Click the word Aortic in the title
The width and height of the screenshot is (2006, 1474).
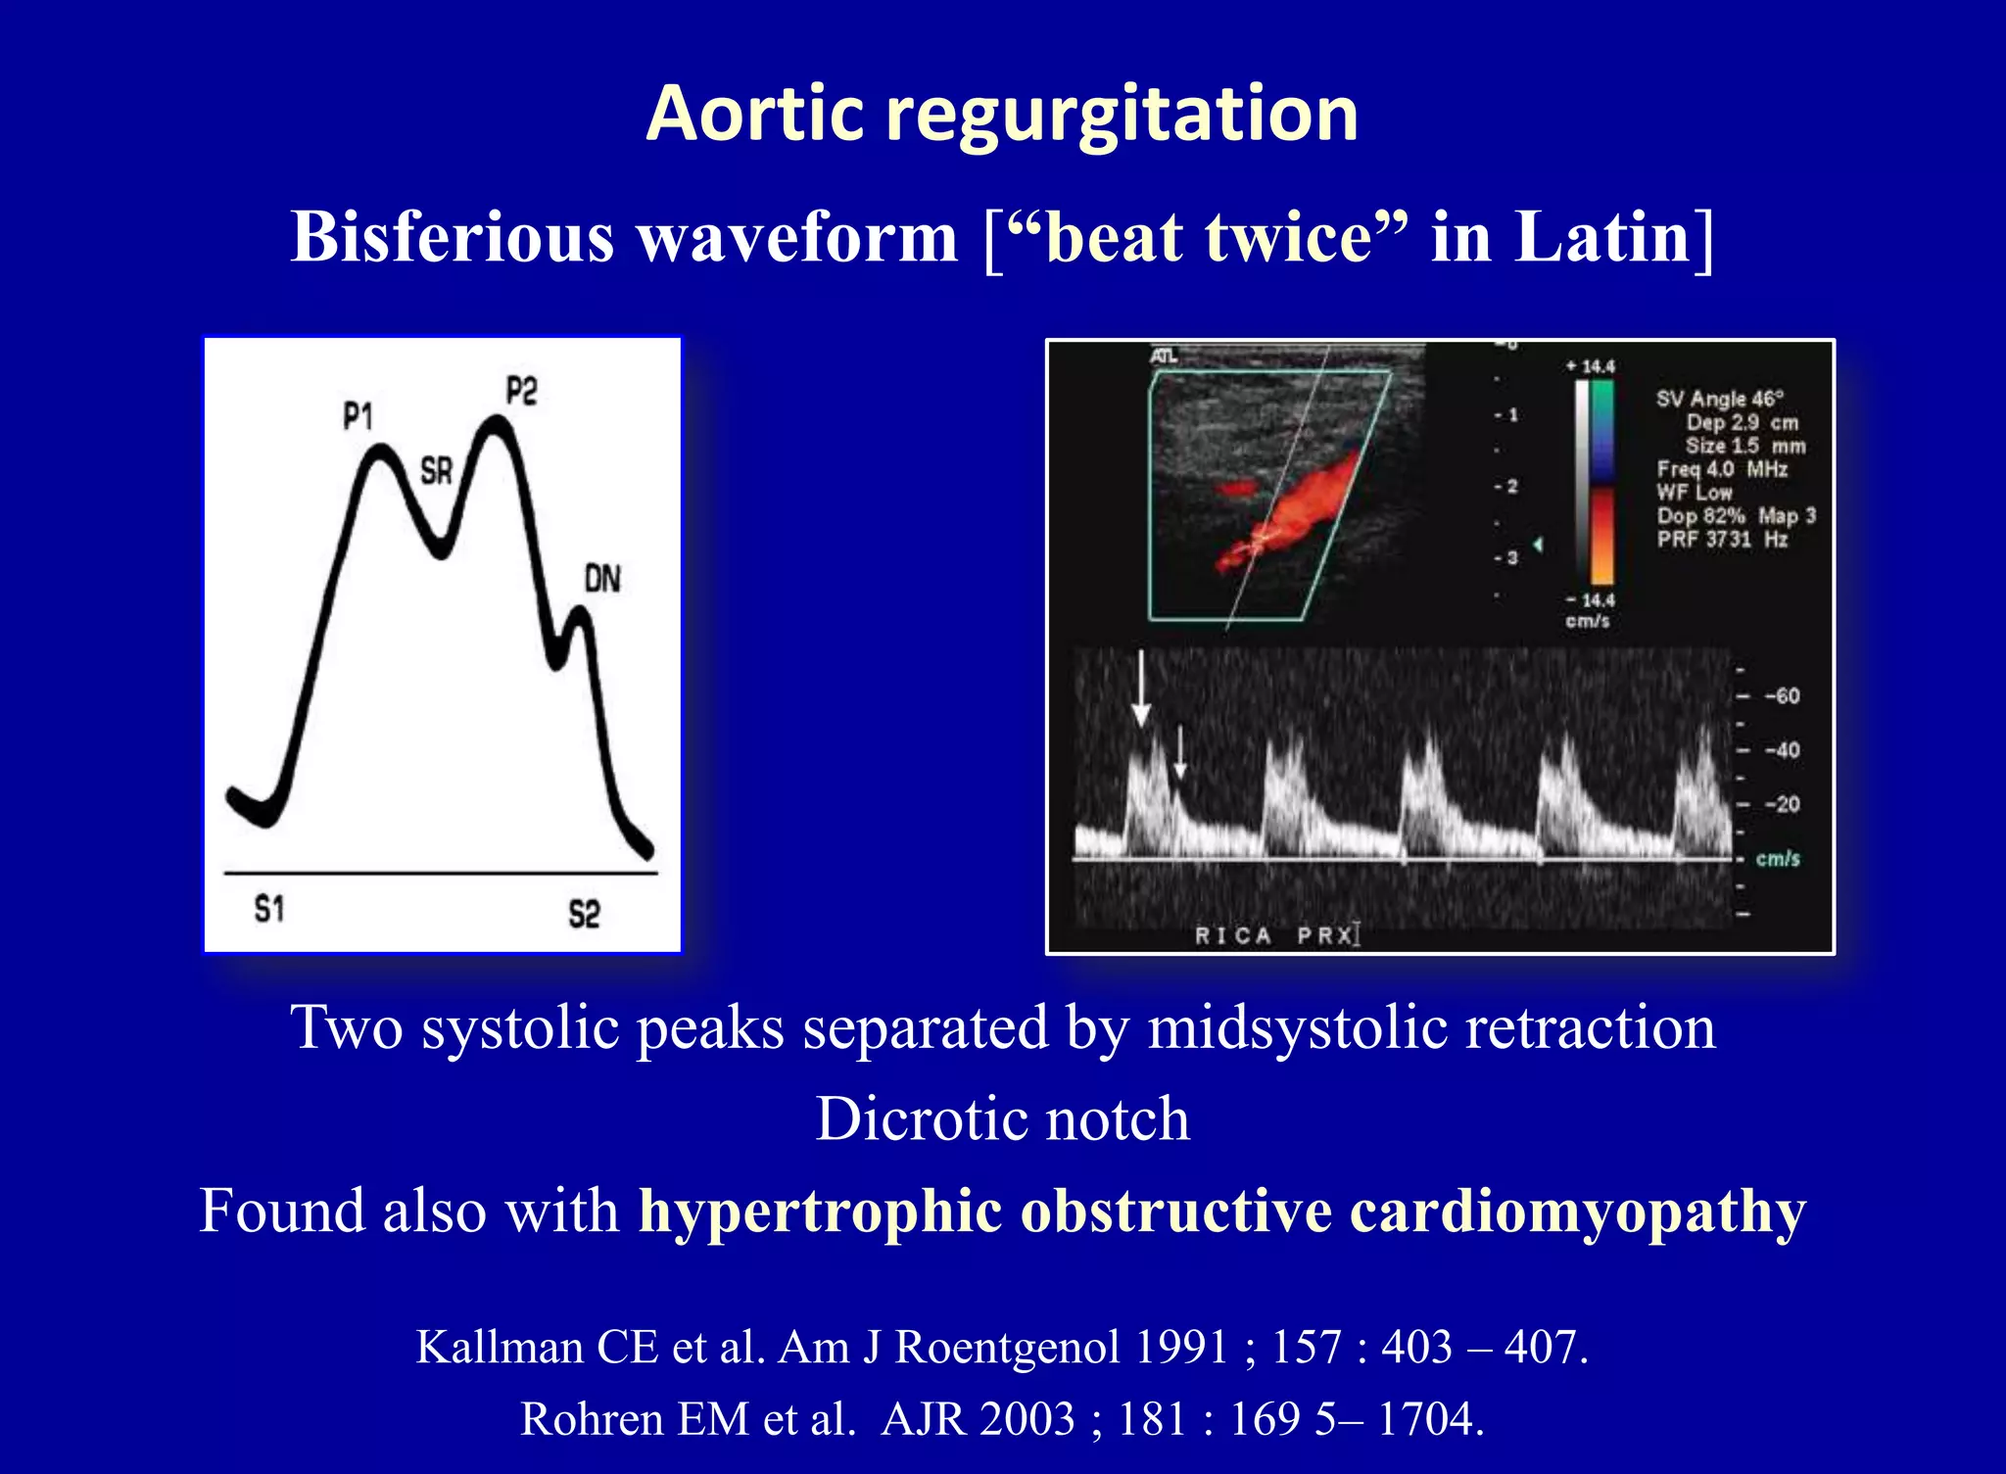(754, 115)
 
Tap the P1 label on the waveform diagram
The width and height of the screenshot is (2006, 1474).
(358, 417)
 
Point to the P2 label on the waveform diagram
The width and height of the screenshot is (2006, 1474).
(521, 392)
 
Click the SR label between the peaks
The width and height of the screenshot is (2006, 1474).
(436, 471)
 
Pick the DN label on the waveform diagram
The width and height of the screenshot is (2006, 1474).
(602, 579)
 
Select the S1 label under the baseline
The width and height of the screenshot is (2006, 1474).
(269, 910)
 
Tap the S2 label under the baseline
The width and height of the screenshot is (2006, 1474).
(584, 915)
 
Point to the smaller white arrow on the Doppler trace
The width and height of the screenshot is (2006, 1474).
(1180, 752)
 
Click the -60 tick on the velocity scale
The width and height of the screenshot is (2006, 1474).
(1782, 696)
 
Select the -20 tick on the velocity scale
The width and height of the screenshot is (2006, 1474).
(1782, 804)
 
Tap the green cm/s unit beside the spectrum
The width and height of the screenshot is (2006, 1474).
(1778, 859)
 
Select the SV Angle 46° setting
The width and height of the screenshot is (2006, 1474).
(1720, 399)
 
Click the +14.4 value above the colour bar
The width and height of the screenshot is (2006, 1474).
(1591, 366)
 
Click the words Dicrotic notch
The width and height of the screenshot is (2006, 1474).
(1002, 1118)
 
